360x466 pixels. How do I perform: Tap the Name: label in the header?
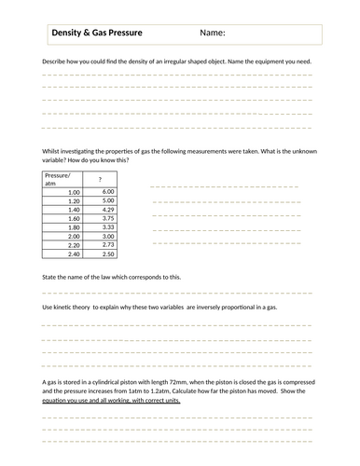[212, 34]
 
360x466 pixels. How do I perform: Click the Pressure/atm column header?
[58, 179]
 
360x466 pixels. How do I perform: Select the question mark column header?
[100, 179]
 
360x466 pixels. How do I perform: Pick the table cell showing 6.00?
[107, 192]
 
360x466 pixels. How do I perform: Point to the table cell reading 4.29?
[107, 210]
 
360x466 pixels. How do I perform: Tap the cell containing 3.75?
[107, 219]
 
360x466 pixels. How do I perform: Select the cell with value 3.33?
[107, 227]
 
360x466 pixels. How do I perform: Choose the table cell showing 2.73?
[107, 245]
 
